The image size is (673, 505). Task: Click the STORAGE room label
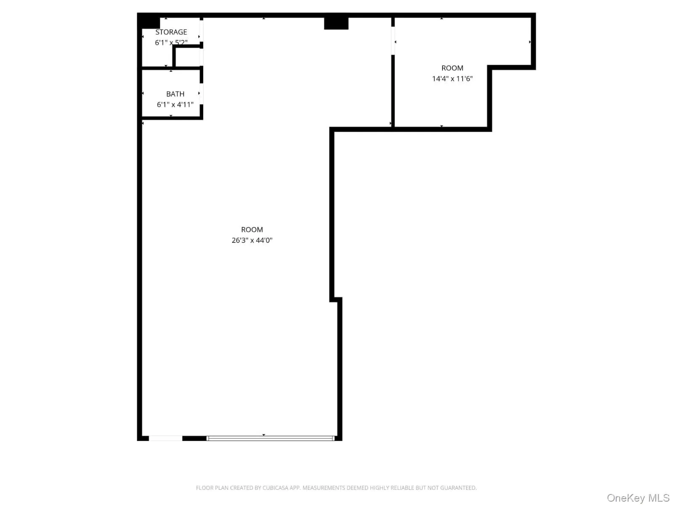(171, 32)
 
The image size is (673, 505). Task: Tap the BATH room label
(175, 94)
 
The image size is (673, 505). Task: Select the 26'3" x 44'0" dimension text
(252, 240)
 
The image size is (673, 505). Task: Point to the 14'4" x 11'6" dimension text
(452, 79)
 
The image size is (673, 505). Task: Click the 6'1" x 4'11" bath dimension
(175, 104)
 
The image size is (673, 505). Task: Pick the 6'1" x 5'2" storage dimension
(171, 43)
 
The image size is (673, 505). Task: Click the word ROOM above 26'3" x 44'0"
(252, 229)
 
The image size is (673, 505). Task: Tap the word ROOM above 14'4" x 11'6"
(452, 68)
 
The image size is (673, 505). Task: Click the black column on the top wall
(336, 23)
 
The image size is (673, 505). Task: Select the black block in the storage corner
(149, 21)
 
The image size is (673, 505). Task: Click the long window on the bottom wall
(270, 438)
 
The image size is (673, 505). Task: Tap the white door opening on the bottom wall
(165, 438)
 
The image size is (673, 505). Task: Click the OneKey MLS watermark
(638, 498)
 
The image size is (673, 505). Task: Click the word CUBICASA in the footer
(276, 488)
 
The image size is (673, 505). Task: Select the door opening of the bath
(201, 93)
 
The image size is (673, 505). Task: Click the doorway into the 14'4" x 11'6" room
(393, 41)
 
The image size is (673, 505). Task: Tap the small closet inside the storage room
(187, 57)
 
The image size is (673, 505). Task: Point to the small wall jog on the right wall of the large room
(336, 300)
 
